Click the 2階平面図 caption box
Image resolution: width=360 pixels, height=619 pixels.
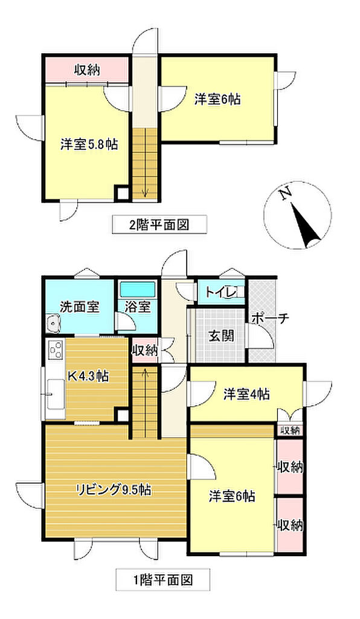pos(159,224)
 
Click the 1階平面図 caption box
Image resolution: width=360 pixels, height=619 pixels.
pos(162,580)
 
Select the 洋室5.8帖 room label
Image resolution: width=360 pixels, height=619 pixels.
pos(89,144)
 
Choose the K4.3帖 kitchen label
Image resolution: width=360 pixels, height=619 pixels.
pos(89,376)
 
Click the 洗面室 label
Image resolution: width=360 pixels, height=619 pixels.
pos(79,306)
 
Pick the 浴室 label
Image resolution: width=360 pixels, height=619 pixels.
pos(138,306)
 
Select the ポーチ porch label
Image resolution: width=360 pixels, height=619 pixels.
pos(270,318)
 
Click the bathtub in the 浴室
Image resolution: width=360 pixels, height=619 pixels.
pos(138,290)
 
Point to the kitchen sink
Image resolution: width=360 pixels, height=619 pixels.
pos(55,395)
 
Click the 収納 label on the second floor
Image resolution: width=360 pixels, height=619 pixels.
pos(87,70)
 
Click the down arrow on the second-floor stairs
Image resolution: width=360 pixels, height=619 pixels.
pos(145,192)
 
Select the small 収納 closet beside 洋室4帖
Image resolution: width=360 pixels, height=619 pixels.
pos(290,430)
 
